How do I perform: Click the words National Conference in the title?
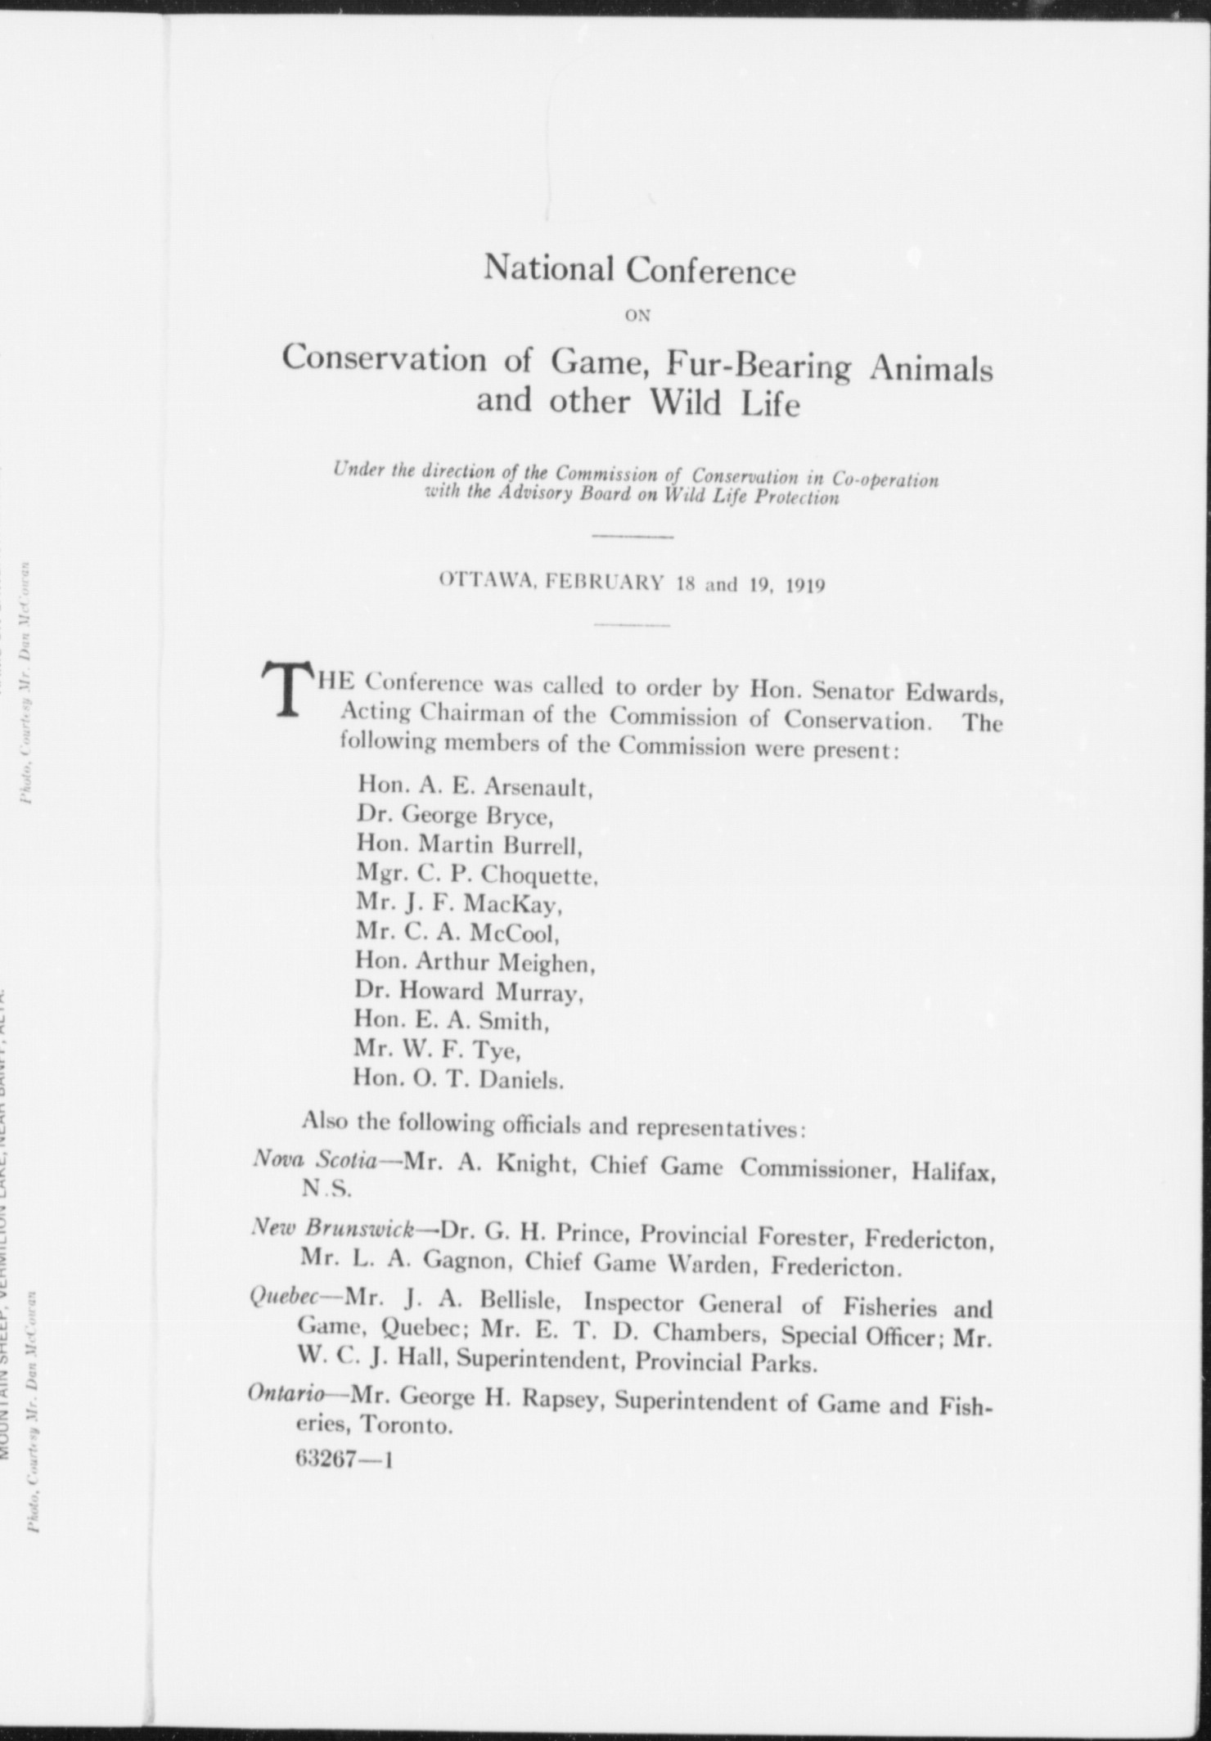[x=638, y=270]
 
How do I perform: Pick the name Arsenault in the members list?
[x=537, y=788]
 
